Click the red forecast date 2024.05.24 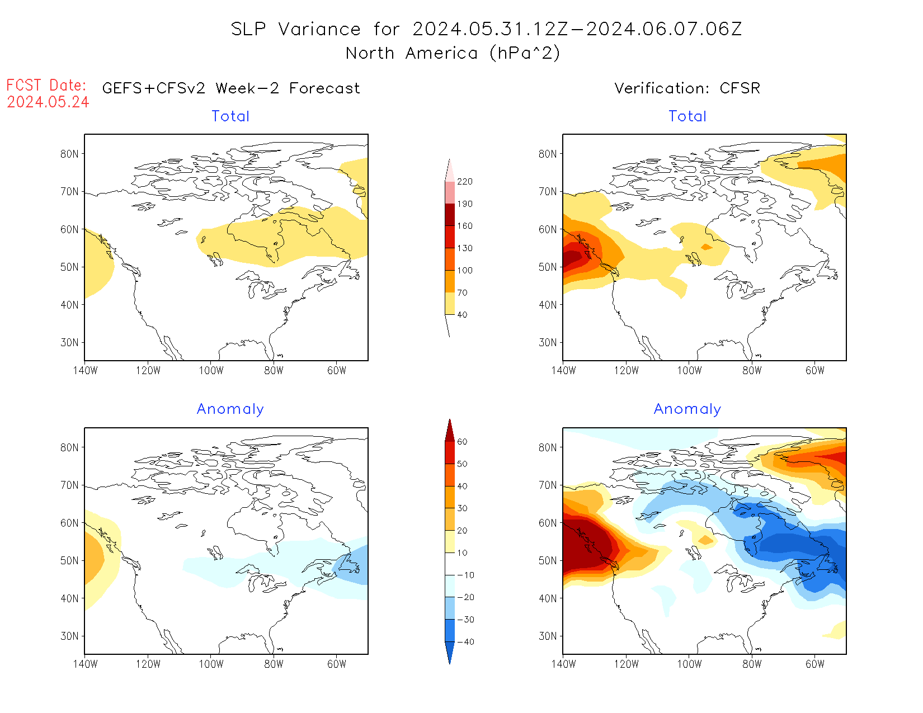coord(48,102)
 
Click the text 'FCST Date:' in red coord(46,86)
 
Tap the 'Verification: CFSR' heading coord(687,88)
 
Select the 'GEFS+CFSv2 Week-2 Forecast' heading coord(231,88)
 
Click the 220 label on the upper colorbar coord(464,182)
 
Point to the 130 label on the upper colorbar coord(464,248)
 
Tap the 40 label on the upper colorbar coord(462,315)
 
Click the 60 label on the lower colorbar coord(462,442)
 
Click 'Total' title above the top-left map coord(230,116)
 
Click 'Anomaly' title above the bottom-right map coord(687,409)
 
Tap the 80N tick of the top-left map coord(69,154)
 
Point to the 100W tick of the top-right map coord(689,370)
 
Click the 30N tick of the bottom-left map coord(69,636)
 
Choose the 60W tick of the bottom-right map coord(815,664)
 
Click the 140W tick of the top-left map coord(85,370)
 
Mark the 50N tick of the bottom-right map coord(548,561)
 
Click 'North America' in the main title coord(412,53)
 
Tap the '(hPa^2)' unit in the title coord(525,53)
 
